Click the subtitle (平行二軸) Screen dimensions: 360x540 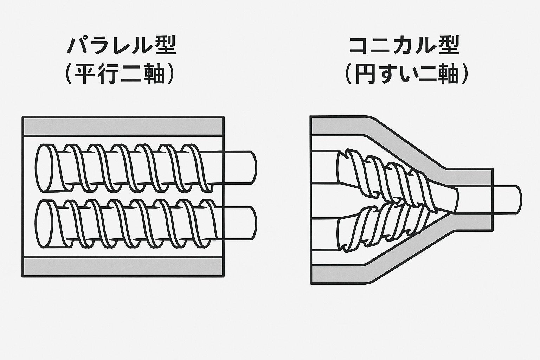tap(121, 74)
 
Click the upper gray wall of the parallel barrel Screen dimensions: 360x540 tap(123, 126)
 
